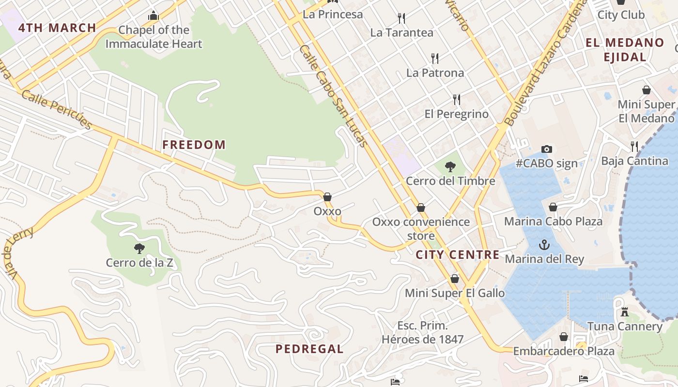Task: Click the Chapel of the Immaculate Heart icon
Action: (154, 16)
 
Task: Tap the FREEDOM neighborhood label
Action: (194, 145)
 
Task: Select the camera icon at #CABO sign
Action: (547, 149)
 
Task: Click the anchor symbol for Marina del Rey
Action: (544, 244)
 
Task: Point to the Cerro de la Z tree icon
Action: (139, 249)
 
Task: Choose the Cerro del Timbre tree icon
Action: (450, 167)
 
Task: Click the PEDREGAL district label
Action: (309, 349)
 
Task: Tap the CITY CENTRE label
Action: (458, 255)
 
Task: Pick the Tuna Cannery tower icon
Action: (625, 313)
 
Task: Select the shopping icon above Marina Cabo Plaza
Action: (553, 207)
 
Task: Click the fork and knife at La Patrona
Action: (435, 59)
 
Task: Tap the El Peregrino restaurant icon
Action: (457, 100)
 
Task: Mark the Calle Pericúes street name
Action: (57, 110)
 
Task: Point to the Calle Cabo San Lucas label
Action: (334, 96)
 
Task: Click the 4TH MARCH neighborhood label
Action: (57, 28)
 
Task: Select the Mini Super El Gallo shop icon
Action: (455, 279)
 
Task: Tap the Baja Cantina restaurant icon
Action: (634, 146)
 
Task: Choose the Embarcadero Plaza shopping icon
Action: (564, 337)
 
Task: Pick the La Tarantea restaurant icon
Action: (401, 18)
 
